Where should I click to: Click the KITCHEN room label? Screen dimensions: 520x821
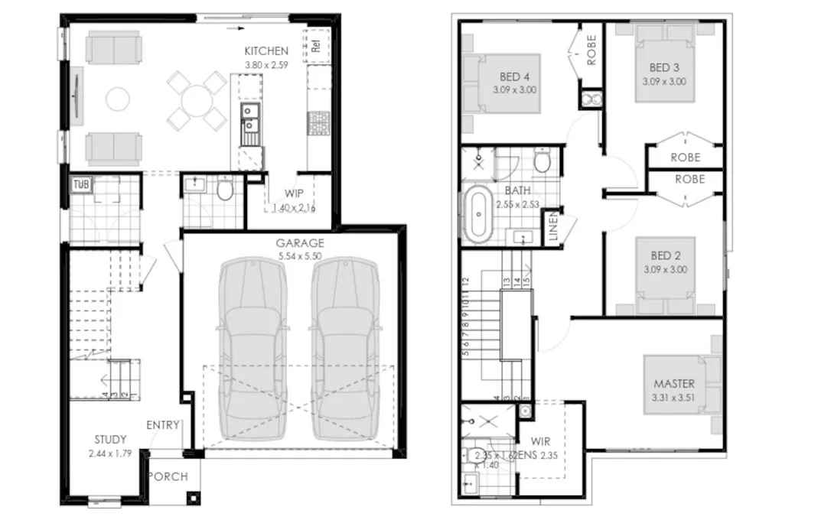pos(266,51)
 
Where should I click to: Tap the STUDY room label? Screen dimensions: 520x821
pos(110,440)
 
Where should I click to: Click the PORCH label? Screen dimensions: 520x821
pos(168,476)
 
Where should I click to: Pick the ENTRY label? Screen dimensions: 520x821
pos(163,425)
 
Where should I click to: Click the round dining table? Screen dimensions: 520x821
pos(198,99)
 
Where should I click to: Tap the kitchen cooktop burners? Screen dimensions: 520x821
pos(318,122)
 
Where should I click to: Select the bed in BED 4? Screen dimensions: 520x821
pos(501,83)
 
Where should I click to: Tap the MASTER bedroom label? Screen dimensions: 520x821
pos(674,383)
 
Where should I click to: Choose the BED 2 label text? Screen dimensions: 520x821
pos(666,255)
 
